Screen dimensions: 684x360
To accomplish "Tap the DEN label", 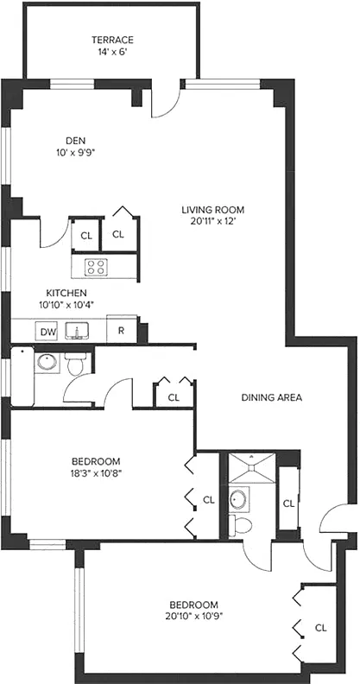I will pos(75,142).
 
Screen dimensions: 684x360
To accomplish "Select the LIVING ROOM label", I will pos(213,209).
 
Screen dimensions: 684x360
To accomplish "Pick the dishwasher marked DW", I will pos(47,331).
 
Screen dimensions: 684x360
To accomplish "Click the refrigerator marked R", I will pos(121,331).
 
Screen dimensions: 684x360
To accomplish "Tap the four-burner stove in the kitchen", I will pos(95,267).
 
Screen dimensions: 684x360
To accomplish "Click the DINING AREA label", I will pos(271,397).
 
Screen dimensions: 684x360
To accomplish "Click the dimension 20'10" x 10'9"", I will pos(193,617).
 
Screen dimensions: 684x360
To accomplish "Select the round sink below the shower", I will pos(239,499).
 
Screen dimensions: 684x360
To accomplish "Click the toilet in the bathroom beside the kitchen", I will pos(76,366).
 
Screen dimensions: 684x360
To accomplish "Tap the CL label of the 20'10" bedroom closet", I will pos(320,628).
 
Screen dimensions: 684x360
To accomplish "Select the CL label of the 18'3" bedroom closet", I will pos(208,498).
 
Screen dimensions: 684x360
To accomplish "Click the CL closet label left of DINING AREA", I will pos(174,397).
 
